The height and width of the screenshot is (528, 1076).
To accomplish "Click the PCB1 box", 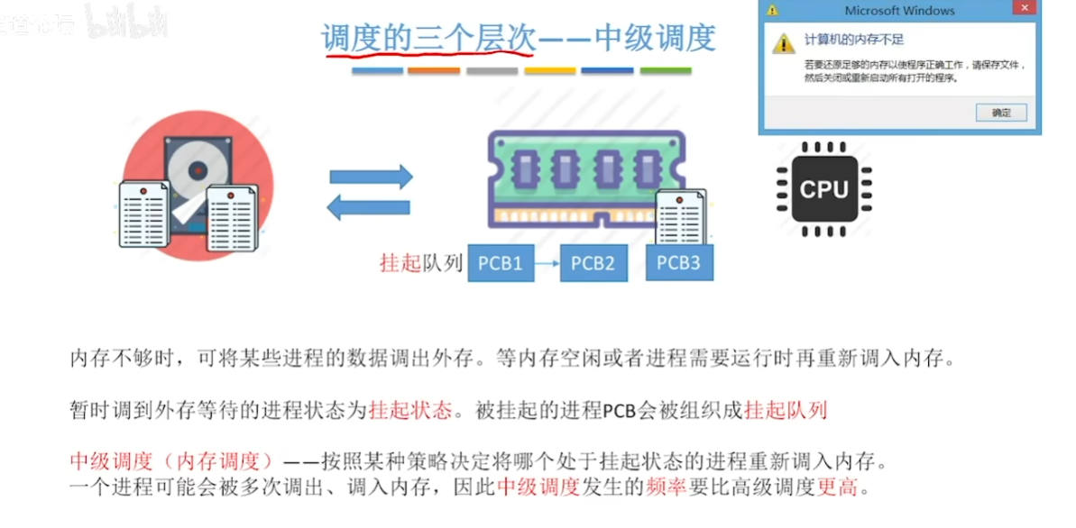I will coord(501,264).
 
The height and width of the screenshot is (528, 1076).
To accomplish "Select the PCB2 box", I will coord(593,264).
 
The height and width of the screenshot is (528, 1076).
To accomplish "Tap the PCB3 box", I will coord(678,262).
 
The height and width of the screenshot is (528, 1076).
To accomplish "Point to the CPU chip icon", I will coord(824,189).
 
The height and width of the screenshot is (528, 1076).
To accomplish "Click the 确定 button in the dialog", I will coord(1001,113).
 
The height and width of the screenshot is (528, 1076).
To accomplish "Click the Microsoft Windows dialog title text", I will coord(899,11).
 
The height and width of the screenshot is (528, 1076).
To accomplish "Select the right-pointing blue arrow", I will coord(371,177).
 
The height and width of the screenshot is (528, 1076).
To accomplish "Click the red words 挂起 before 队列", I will coord(400,264).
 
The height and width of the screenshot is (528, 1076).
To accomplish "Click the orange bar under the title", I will coord(434,70).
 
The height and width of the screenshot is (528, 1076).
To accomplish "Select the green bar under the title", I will coord(665,70).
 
